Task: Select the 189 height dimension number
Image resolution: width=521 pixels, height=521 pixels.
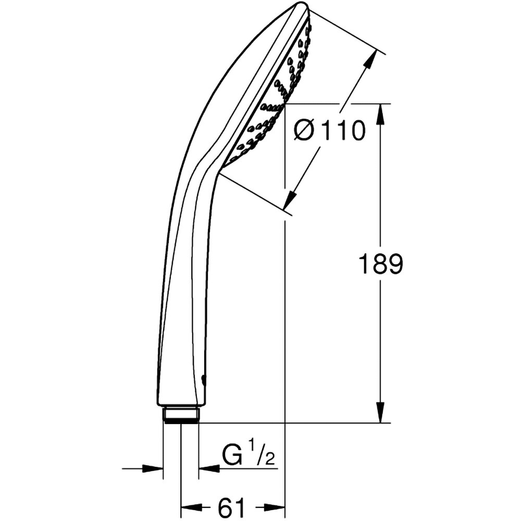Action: [x=381, y=265]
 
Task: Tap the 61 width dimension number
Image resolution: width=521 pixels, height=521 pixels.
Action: [x=231, y=507]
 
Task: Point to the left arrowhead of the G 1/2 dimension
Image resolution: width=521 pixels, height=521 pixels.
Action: [x=154, y=468]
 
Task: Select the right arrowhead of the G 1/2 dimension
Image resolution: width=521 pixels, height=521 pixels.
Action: [x=208, y=468]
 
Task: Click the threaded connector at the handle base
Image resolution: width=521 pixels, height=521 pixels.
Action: [x=181, y=415]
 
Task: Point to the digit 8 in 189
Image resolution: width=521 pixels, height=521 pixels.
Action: [x=381, y=265]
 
